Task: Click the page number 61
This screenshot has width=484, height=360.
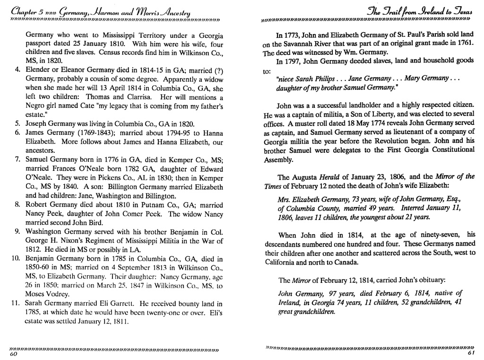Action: pos(471,353)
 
